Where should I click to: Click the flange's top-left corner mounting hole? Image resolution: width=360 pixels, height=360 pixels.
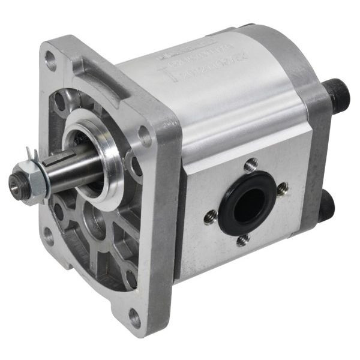tap(51, 59)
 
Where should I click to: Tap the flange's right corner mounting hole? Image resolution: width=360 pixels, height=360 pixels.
tap(146, 136)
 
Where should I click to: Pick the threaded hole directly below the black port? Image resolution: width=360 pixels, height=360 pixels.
tap(243, 241)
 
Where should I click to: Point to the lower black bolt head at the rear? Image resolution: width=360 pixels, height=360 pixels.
tap(328, 207)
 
